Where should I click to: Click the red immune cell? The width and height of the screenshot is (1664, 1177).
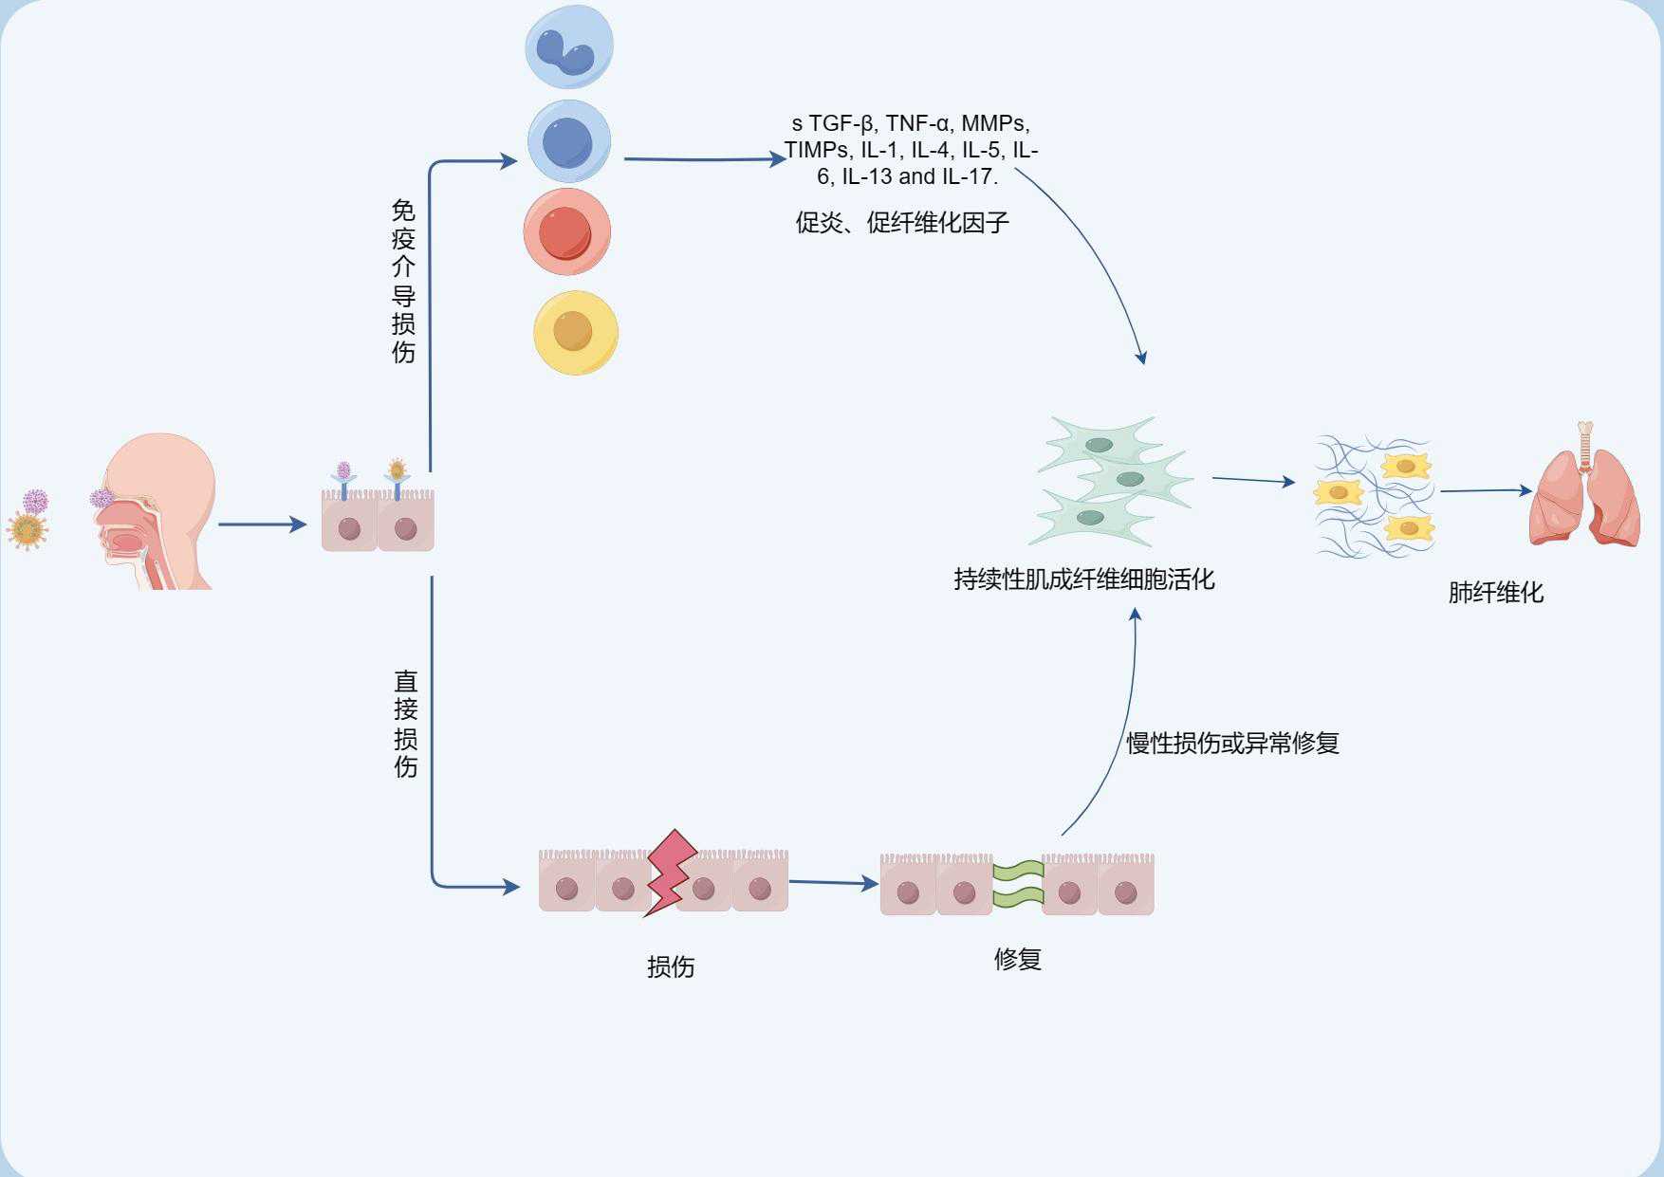pos(566,232)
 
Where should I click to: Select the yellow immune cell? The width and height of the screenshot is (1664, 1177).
pos(575,333)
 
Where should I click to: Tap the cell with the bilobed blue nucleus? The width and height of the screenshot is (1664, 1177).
pos(569,46)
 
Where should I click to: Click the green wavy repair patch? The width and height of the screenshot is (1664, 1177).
pos(1018,883)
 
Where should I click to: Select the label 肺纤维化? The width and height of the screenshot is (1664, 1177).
pos(1495,593)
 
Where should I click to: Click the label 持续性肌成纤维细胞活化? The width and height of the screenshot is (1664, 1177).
pos(1083,579)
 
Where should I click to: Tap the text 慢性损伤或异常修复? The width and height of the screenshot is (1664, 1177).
pos(1231,744)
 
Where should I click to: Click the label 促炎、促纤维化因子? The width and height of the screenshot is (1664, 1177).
pos(901,223)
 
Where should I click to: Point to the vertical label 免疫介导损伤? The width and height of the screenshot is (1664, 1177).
pos(403,281)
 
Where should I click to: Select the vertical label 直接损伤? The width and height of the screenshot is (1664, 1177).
pos(405,724)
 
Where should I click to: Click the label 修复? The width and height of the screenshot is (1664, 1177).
pos(1017,959)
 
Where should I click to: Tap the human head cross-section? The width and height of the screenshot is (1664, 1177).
pos(157,512)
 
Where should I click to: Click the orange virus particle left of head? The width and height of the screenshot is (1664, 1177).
pos(27,529)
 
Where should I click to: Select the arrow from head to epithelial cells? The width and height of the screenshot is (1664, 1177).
pos(262,524)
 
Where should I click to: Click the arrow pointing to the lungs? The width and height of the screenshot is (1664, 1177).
pos(1485,490)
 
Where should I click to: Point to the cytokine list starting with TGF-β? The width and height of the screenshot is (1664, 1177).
pos(911,150)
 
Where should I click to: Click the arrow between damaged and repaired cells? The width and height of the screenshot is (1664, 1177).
pos(833,883)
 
